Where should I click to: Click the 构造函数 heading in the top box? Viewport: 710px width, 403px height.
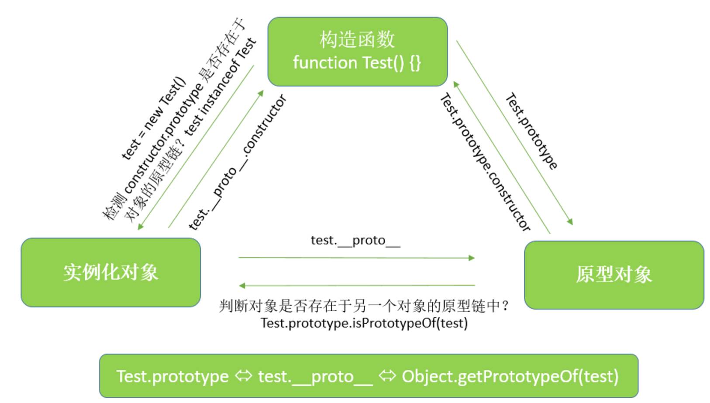click(x=357, y=39)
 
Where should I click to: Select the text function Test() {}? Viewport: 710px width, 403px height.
click(x=357, y=63)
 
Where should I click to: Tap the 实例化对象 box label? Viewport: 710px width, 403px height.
click(x=110, y=272)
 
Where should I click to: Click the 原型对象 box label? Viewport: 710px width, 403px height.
click(x=613, y=274)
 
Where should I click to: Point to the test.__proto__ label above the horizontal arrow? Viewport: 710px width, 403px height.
click(x=355, y=240)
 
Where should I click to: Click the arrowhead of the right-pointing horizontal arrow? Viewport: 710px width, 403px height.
click(x=472, y=258)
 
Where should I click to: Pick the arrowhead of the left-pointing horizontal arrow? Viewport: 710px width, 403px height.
click(x=242, y=286)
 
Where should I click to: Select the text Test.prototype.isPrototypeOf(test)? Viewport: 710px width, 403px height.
click(x=364, y=323)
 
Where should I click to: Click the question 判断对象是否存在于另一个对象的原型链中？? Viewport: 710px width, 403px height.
click(x=364, y=306)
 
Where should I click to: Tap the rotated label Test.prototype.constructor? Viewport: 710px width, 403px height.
click(x=485, y=162)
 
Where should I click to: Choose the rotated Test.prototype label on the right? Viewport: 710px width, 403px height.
click(x=531, y=131)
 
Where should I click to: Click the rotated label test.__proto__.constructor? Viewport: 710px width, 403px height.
click(x=238, y=162)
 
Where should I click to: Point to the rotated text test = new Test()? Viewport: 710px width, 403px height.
click(x=153, y=118)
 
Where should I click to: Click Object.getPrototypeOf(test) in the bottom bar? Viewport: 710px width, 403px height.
click(x=510, y=376)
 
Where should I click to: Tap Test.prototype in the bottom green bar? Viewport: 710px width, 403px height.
click(x=172, y=376)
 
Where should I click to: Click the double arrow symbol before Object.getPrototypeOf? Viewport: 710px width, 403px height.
click(x=387, y=375)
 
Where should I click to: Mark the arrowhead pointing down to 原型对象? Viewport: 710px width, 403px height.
click(x=570, y=222)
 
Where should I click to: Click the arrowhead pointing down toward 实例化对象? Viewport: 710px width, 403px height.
click(x=140, y=226)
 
